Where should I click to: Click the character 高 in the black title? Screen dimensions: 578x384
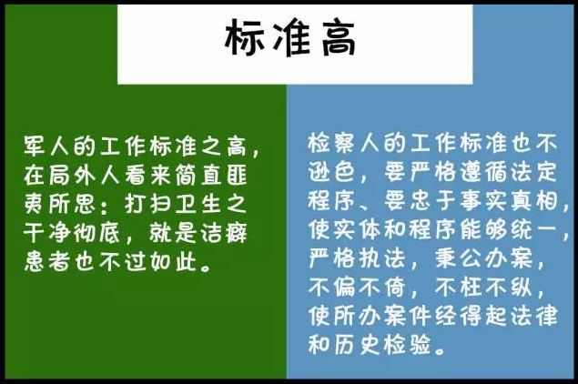point(339,38)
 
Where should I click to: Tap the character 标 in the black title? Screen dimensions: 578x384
point(244,38)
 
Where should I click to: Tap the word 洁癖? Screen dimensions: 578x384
point(224,233)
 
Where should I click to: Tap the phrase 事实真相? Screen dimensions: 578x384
point(508,201)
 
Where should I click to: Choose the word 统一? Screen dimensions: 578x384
point(533,229)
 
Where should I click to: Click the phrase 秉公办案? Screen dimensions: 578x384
point(483,258)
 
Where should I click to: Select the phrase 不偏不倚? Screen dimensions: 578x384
point(357,287)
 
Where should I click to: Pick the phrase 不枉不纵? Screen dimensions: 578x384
point(483,287)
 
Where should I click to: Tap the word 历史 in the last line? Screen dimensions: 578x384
point(357,345)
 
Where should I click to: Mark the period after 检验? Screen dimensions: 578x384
point(440,349)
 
